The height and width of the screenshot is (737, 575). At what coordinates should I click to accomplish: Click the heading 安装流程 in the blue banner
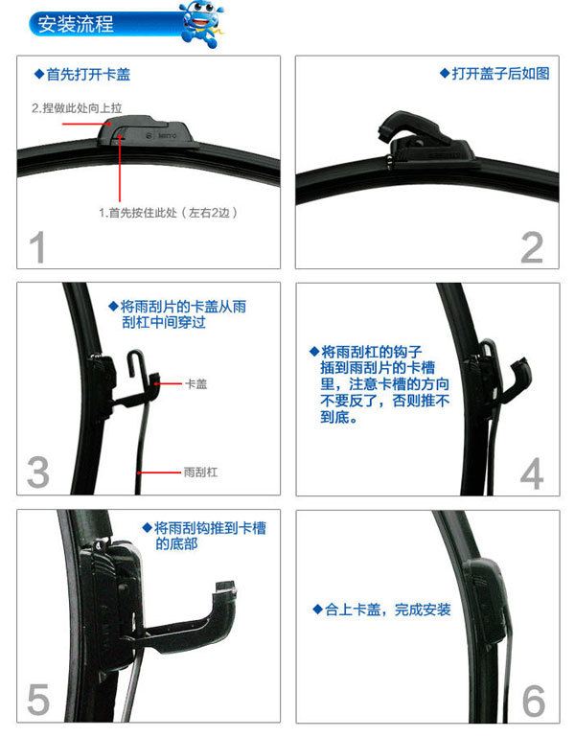click(76, 24)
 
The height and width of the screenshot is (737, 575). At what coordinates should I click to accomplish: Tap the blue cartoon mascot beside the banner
click(202, 25)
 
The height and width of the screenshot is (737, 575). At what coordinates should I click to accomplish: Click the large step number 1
click(37, 247)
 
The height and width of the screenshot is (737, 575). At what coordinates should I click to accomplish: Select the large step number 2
click(532, 247)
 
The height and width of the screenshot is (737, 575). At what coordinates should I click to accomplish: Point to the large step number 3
click(38, 472)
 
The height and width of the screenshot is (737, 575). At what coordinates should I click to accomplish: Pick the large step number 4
click(532, 473)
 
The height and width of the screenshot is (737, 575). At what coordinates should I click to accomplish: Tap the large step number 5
click(38, 700)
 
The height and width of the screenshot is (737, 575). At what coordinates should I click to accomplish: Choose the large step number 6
click(534, 701)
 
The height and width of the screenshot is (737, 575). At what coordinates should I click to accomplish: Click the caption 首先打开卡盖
click(82, 74)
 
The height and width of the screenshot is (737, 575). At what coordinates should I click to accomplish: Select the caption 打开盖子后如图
click(495, 74)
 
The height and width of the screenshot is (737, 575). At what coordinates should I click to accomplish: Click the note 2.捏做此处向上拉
click(77, 108)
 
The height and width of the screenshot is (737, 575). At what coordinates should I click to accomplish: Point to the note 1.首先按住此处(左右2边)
click(168, 213)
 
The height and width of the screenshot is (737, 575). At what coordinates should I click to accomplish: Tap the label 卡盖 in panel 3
click(196, 384)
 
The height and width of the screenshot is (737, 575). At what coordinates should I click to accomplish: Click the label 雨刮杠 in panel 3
click(200, 472)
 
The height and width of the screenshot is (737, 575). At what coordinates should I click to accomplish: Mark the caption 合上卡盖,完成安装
click(382, 610)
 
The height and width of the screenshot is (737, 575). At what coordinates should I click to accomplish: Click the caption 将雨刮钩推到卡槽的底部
click(204, 536)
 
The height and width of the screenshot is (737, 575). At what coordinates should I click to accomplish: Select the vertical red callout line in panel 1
click(120, 171)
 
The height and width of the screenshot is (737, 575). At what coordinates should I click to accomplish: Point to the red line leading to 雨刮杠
click(159, 472)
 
